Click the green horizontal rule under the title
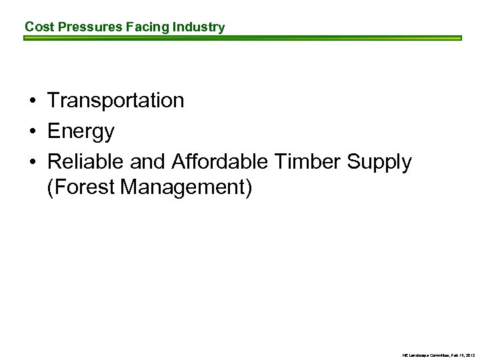(x=243, y=39)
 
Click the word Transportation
(x=115, y=101)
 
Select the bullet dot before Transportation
(x=32, y=101)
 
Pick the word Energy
(x=81, y=132)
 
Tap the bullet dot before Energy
(x=32, y=132)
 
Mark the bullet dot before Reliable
(x=32, y=163)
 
